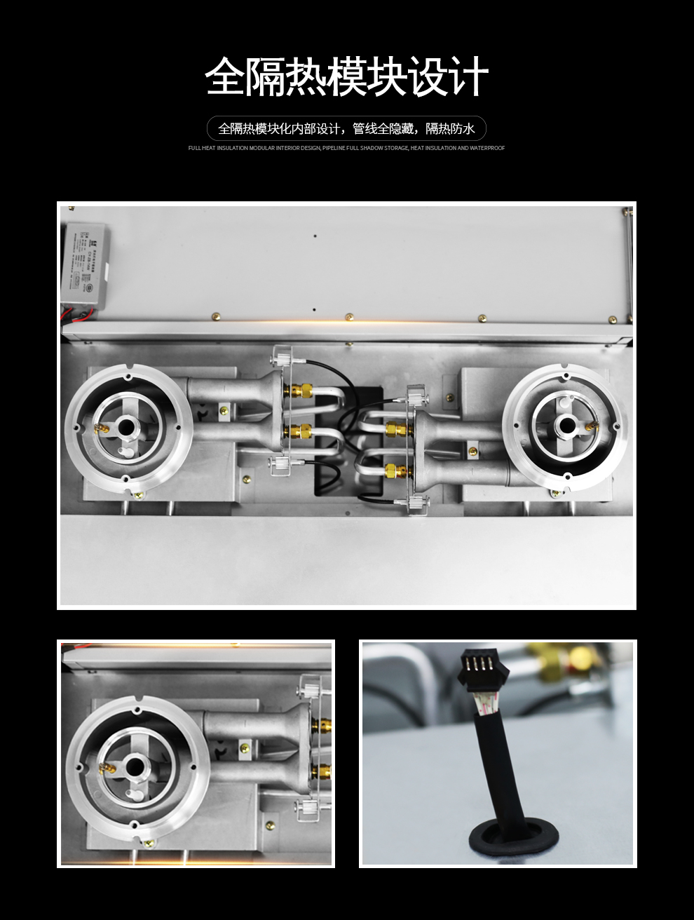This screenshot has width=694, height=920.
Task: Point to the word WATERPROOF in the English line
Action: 487,148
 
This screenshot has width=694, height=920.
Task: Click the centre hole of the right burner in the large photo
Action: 564,423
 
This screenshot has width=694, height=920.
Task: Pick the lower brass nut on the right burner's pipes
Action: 393,468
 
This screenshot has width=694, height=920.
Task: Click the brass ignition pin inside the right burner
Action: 588,424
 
